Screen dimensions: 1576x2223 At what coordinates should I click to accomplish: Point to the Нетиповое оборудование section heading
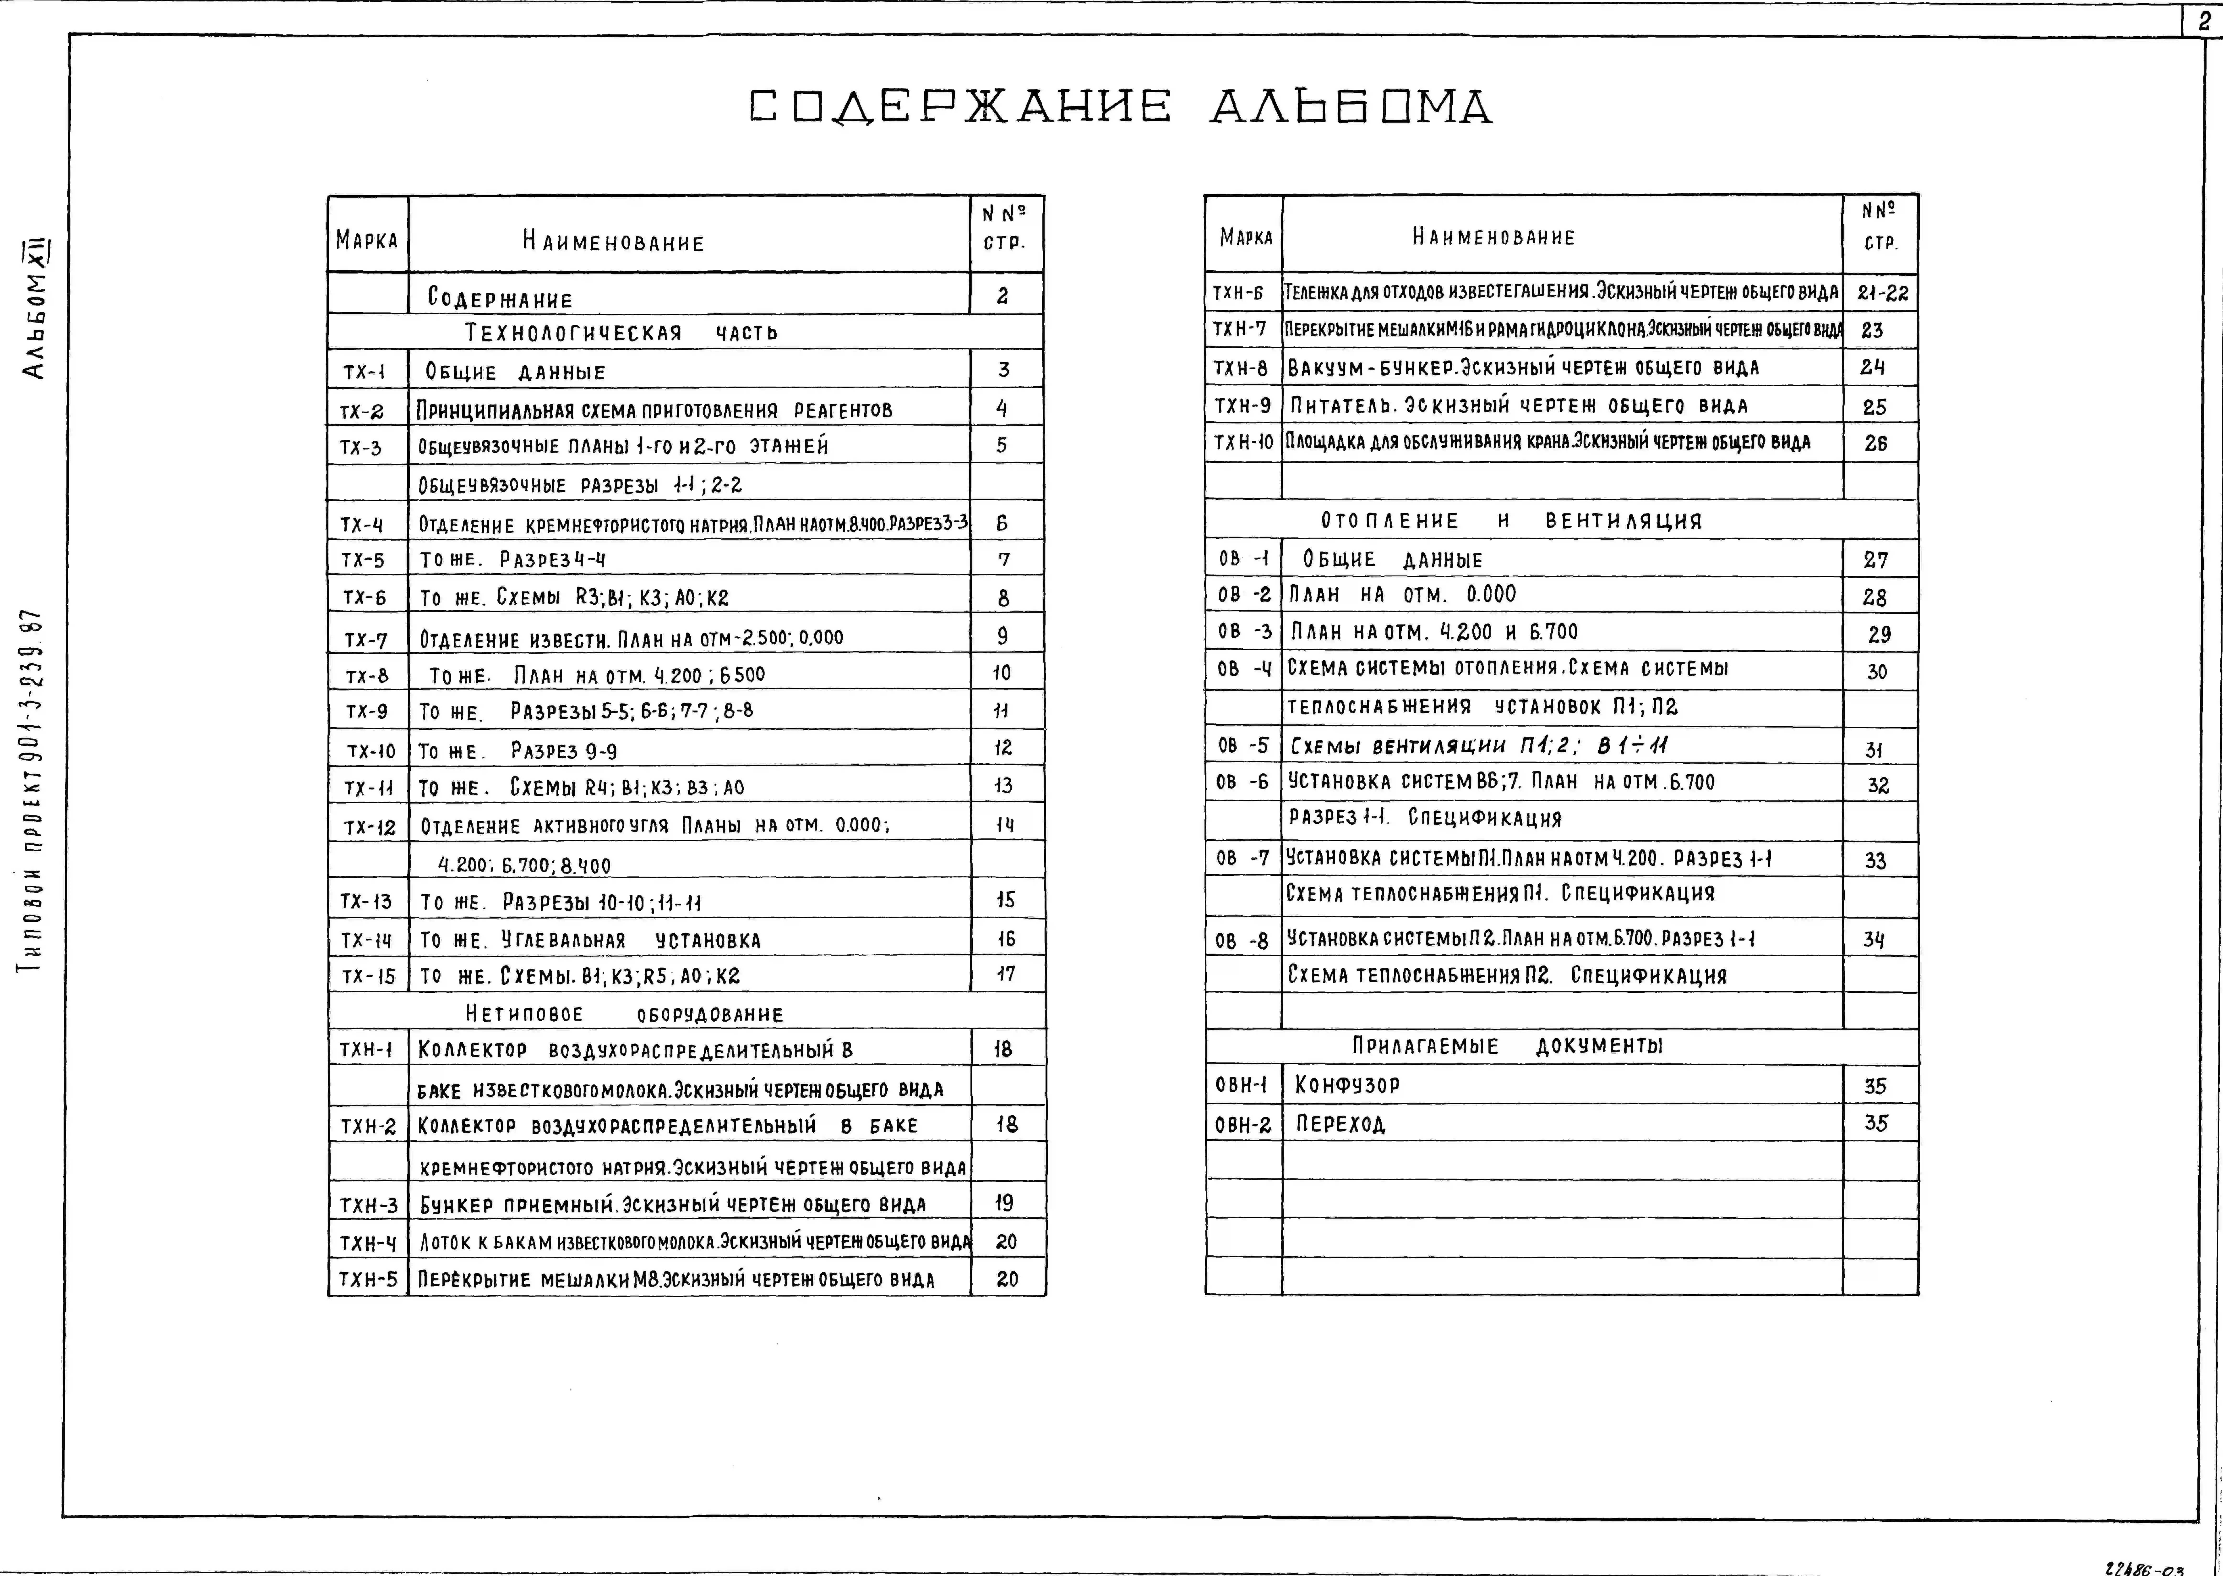click(x=624, y=1014)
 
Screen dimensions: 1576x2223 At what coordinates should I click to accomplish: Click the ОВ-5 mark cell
click(x=1243, y=745)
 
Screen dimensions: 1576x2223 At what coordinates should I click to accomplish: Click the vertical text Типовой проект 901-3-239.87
click(x=36, y=791)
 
